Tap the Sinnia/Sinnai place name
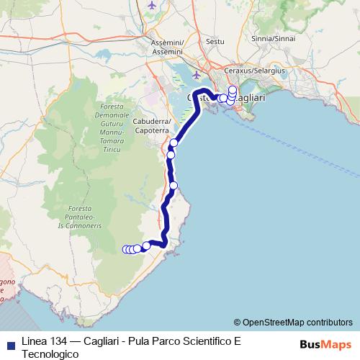[x=274, y=38]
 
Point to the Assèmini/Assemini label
[x=168, y=47]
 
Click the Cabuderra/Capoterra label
[x=150, y=127]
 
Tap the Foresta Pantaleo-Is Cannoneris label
[x=91, y=214]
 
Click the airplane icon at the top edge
[x=152, y=4]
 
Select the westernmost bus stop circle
[x=126, y=250]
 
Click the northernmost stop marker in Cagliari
[x=232, y=89]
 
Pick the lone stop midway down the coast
[x=174, y=186]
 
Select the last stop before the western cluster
[x=146, y=246]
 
